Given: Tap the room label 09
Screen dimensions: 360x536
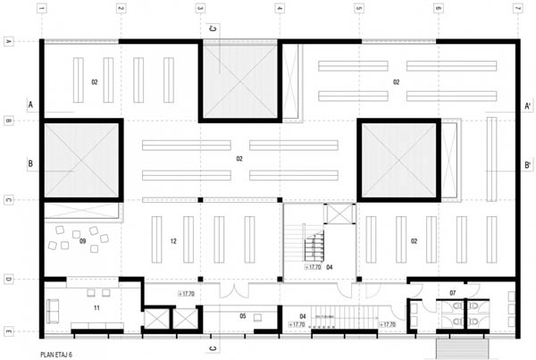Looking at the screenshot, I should click(82, 240).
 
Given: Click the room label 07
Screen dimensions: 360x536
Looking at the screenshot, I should click(453, 292).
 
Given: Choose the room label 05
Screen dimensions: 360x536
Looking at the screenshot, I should click(243, 315).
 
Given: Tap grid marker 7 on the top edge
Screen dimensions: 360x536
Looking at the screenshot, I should click(517, 9).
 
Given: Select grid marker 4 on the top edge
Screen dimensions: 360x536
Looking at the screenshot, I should click(280, 9).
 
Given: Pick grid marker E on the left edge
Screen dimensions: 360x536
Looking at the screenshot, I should click(8, 331).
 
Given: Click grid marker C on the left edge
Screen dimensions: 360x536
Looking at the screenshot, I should click(8, 200).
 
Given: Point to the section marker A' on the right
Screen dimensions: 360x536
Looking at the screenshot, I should click(530, 105).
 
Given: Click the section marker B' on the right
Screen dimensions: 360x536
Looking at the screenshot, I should click(530, 164).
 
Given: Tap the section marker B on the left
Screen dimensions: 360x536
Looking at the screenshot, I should click(30, 164).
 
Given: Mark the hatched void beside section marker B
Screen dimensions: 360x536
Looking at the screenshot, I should click(82, 161).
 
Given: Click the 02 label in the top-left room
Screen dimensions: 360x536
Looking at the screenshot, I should click(94, 82).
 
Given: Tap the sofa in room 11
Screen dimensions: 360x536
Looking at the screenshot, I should click(53, 310).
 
